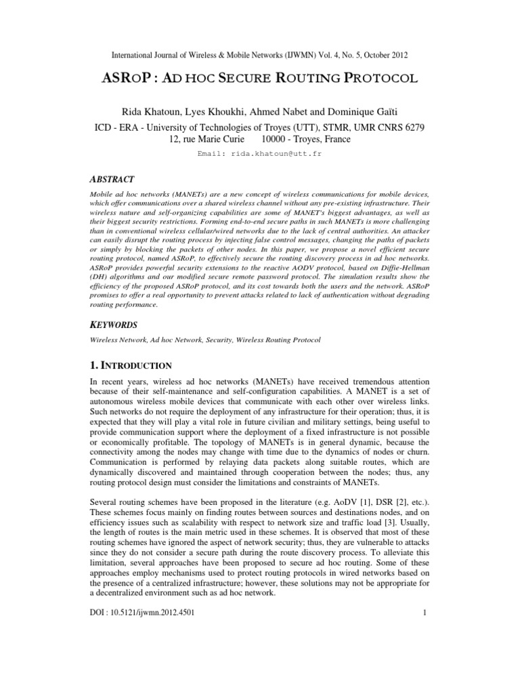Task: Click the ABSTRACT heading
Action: coord(112,179)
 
